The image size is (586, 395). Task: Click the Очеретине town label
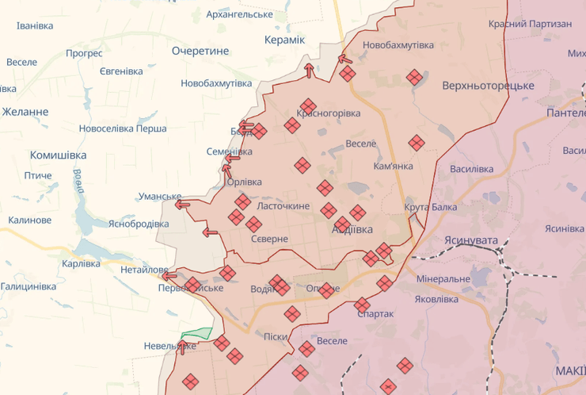(x=200, y=51)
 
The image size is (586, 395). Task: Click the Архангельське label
(x=239, y=15)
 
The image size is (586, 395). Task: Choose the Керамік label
(x=284, y=40)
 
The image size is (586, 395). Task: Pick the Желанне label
(x=25, y=112)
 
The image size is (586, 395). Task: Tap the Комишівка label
(x=58, y=155)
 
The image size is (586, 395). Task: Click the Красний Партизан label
(x=530, y=24)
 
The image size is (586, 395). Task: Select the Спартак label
(x=375, y=314)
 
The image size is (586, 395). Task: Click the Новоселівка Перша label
(x=123, y=128)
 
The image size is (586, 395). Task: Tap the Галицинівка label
(x=29, y=286)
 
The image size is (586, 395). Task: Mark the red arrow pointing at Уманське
(x=182, y=205)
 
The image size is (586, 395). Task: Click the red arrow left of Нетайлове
(x=168, y=276)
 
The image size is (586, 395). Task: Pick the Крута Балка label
(x=430, y=208)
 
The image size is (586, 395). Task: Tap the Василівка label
(x=471, y=169)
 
